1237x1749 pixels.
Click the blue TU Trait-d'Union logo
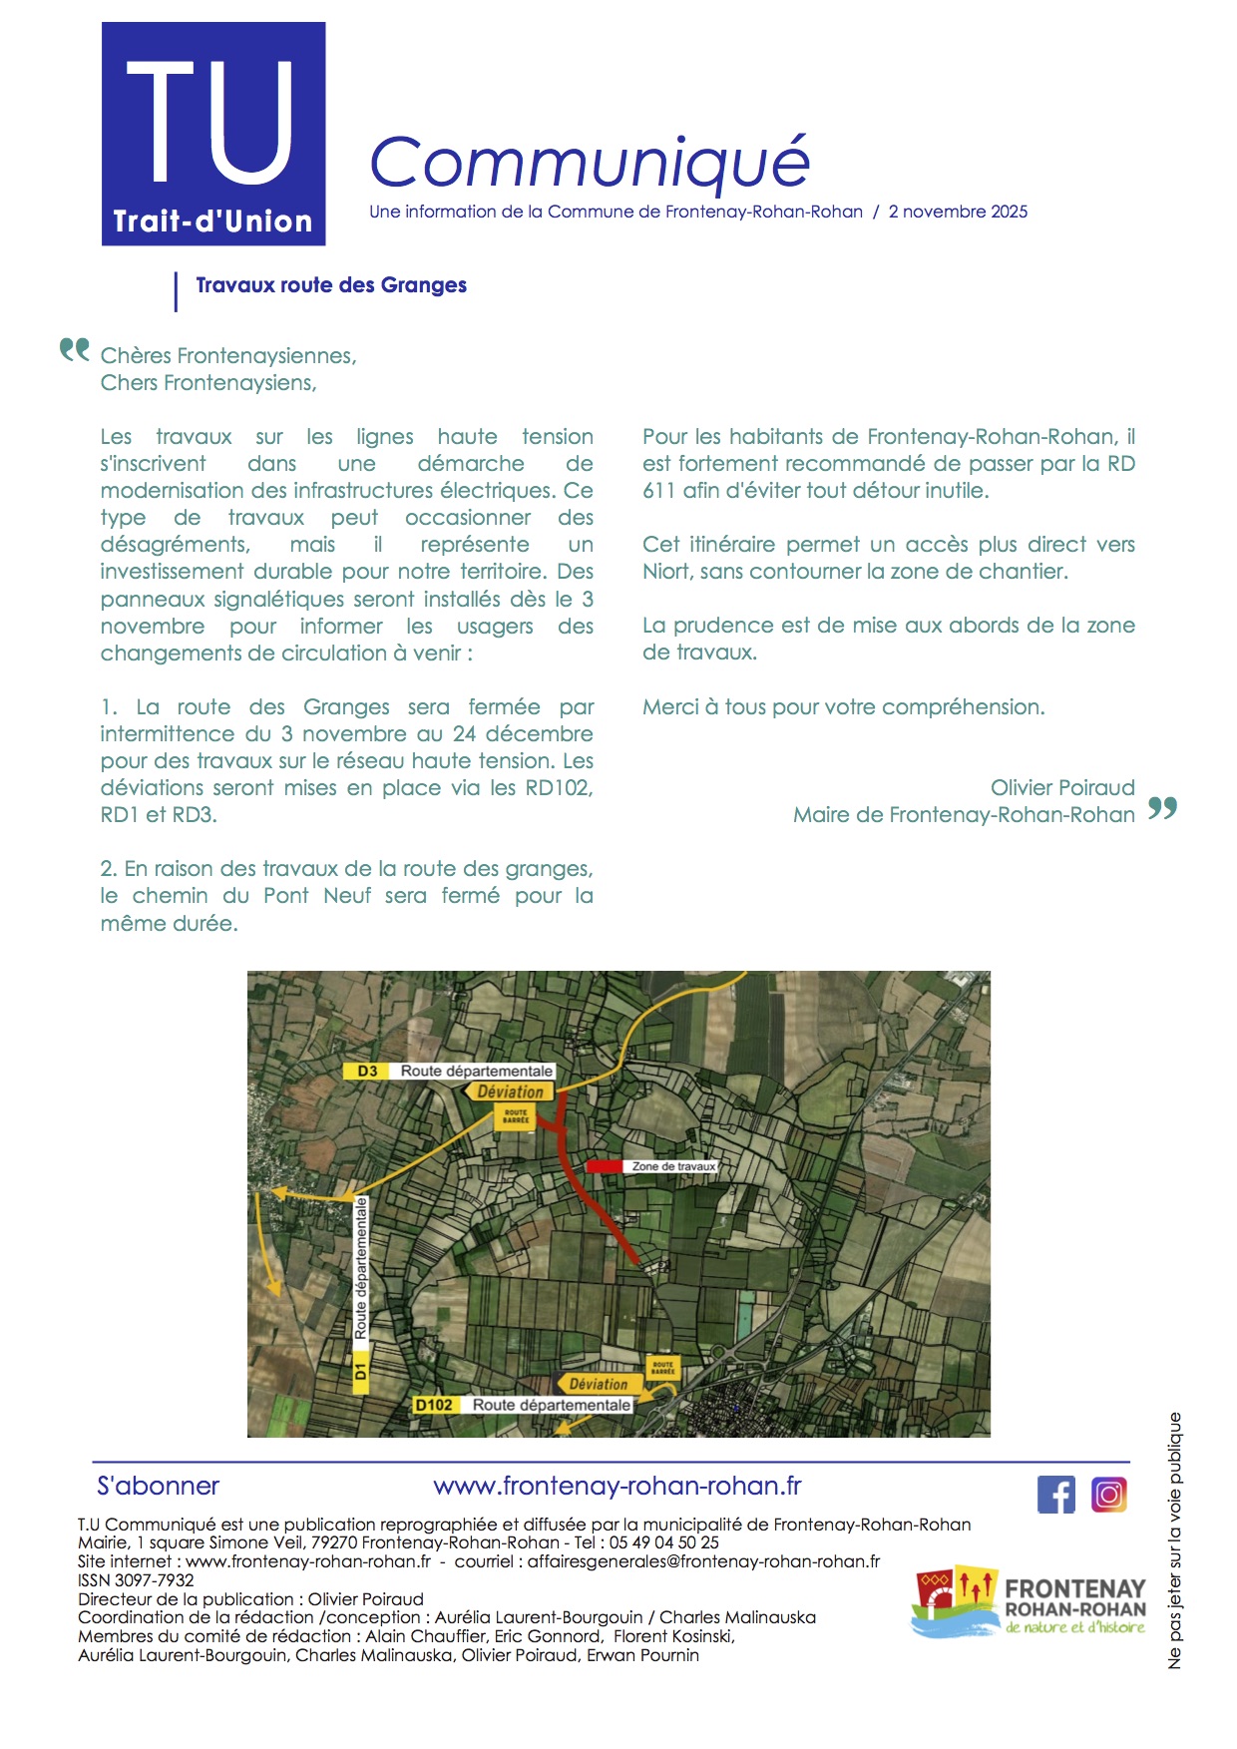click(x=213, y=134)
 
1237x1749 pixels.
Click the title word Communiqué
click(x=589, y=162)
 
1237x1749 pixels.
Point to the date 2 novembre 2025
click(x=958, y=212)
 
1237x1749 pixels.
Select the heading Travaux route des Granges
click(x=331, y=285)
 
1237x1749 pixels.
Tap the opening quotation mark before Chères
click(x=74, y=350)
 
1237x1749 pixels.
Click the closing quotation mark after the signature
click(x=1162, y=808)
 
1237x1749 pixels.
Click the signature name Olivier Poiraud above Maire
click(x=1062, y=787)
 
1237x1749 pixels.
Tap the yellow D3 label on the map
click(x=368, y=1071)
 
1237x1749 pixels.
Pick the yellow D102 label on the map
click(x=434, y=1405)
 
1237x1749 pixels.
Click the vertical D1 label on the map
click(x=360, y=1371)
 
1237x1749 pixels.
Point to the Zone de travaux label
click(x=673, y=1165)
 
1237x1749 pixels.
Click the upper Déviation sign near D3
click(x=510, y=1092)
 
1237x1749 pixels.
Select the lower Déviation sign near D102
click(x=598, y=1384)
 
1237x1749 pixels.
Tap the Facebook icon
click(x=1056, y=1495)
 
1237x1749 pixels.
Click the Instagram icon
click(x=1109, y=1495)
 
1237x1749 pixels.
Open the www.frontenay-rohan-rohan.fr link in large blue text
click(x=618, y=1486)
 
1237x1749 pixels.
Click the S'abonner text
click(x=158, y=1486)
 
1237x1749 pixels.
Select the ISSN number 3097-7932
click(x=155, y=1580)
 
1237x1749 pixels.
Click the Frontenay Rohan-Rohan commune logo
click(x=1029, y=1602)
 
